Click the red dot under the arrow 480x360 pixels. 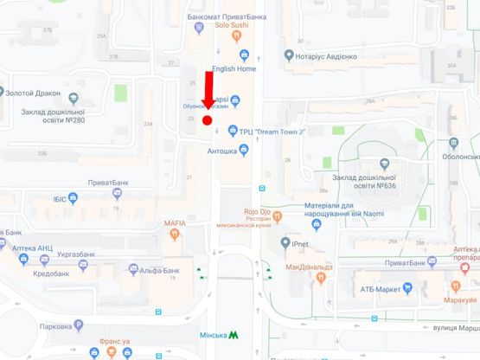[x=207, y=120]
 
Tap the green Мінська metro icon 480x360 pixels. [x=234, y=334]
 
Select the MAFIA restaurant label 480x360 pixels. [x=176, y=223]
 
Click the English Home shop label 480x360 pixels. [x=234, y=68]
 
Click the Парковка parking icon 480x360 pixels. [x=79, y=325]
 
